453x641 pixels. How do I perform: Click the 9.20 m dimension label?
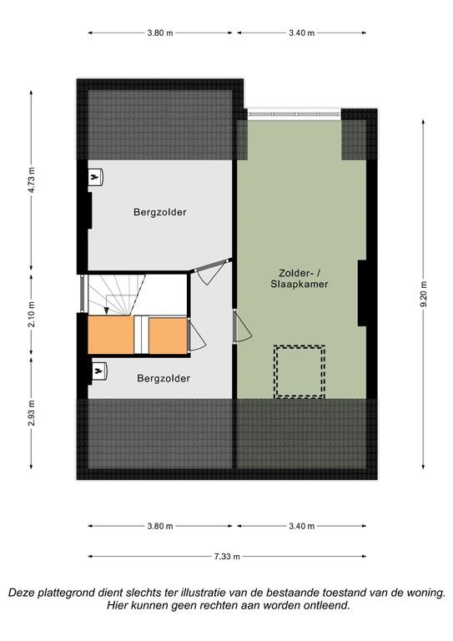click(424, 294)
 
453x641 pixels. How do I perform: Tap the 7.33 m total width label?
click(227, 557)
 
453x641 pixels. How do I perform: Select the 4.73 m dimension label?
click(32, 180)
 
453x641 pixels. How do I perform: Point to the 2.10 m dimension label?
click(32, 314)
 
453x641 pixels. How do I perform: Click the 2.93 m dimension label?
click(32, 413)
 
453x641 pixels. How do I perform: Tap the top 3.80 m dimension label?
click(160, 33)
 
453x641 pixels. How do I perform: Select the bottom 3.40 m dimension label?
click(302, 526)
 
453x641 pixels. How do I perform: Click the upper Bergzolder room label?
click(160, 212)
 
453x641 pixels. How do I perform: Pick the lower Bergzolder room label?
click(164, 379)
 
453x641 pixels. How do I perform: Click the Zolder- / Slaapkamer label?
click(299, 279)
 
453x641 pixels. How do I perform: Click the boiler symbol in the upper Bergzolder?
click(96, 178)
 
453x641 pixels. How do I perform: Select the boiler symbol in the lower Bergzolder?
click(99, 371)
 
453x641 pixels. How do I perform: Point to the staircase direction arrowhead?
click(106, 311)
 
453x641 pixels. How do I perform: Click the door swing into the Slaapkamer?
click(243, 326)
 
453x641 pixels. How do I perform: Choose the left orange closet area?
click(111, 335)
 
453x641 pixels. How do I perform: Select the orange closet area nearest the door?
click(168, 336)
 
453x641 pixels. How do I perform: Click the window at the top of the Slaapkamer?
click(294, 114)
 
